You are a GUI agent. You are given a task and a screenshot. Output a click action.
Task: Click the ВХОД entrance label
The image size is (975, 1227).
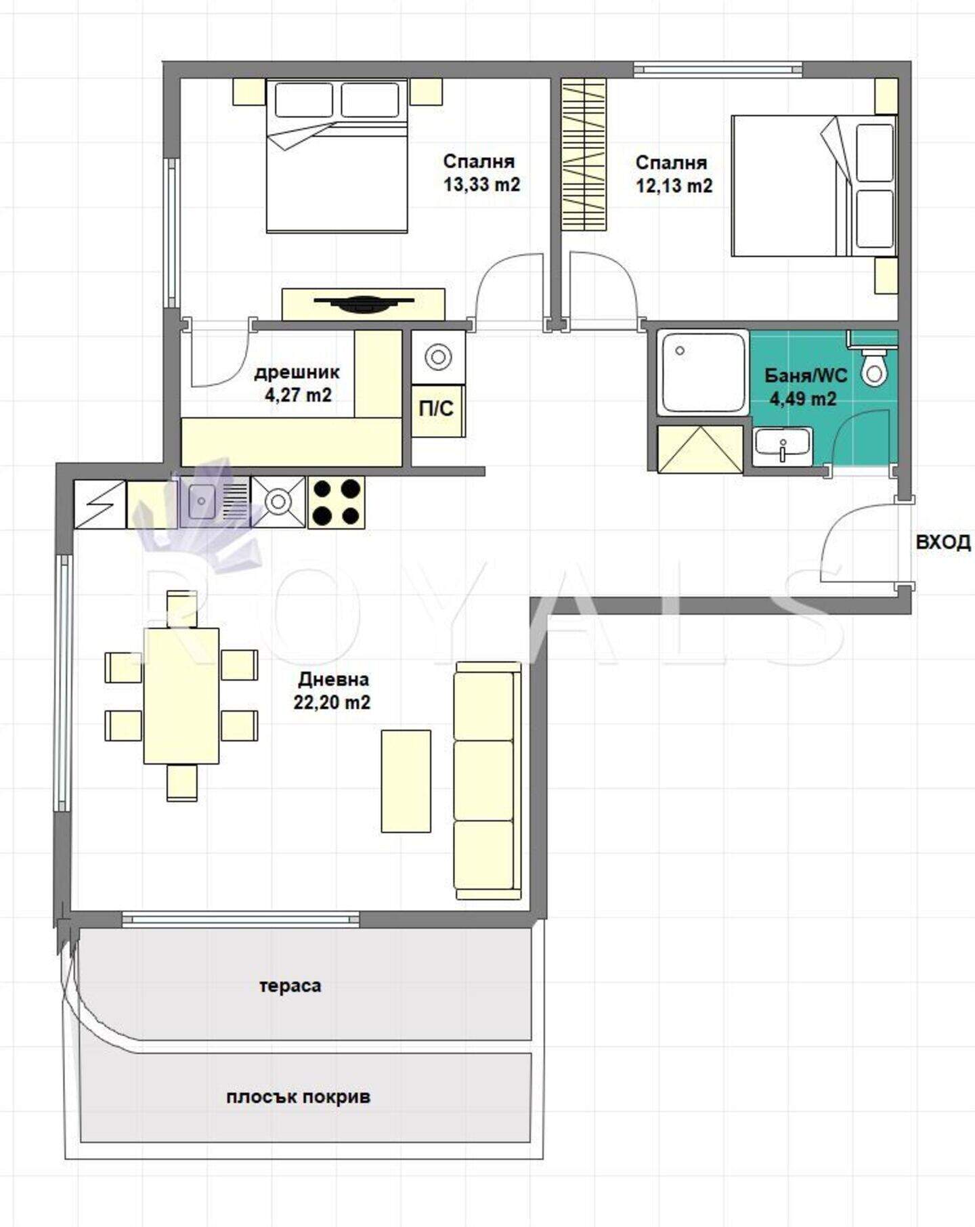(942, 542)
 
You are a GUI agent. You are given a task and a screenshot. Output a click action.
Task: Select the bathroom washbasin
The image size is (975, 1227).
(782, 447)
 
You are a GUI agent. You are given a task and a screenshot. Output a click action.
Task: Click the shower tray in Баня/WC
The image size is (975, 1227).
(703, 371)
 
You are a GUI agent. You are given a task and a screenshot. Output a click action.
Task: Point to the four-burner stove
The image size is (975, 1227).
(337, 502)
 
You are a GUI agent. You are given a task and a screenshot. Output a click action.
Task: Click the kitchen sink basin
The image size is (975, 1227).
(201, 502)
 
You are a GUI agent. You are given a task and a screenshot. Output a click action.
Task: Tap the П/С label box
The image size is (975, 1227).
(437, 410)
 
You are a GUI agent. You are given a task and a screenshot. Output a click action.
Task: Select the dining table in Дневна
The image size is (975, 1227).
(181, 695)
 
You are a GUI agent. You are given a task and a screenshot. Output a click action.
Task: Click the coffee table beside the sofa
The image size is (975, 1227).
(406, 781)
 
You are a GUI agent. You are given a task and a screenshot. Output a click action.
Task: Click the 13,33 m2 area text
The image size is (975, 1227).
(481, 184)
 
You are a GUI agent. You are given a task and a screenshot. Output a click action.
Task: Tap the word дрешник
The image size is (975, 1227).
(297, 372)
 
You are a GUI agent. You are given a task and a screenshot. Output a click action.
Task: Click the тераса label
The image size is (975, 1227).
(290, 986)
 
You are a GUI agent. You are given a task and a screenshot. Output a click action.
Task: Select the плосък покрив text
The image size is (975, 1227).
(299, 1097)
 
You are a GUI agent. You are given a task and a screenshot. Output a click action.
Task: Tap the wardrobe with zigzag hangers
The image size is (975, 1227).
(583, 155)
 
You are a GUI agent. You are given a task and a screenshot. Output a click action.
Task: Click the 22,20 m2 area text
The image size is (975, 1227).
(332, 703)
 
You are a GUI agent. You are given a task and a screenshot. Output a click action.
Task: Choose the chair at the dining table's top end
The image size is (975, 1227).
(181, 609)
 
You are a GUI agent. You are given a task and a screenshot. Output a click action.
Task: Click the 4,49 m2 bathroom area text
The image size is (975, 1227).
(803, 399)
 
